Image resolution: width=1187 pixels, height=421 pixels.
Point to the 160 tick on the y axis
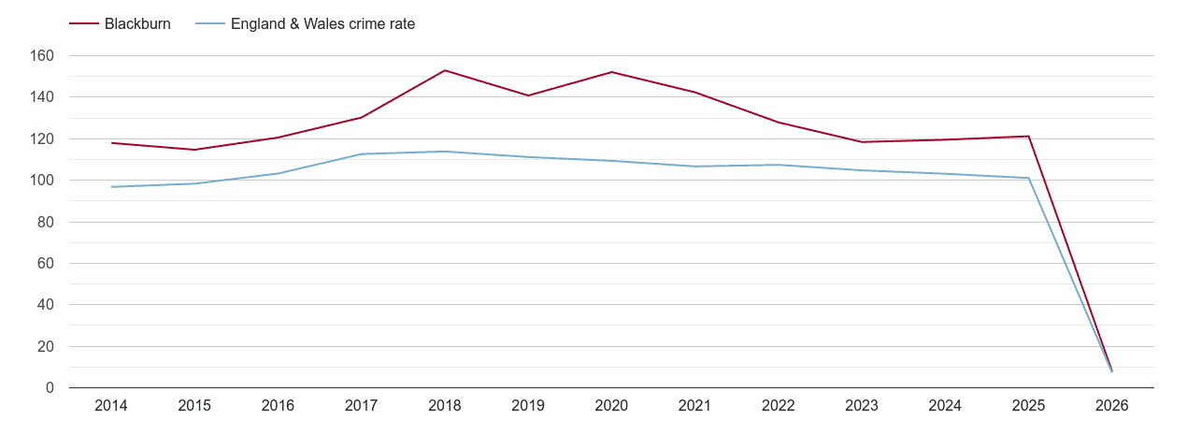click(43, 56)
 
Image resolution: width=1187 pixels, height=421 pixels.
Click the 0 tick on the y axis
click(50, 388)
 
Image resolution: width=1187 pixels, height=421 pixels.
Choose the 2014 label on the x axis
click(111, 406)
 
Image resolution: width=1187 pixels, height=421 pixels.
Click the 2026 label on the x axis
click(1112, 406)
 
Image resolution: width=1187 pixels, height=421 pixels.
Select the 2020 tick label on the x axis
click(611, 406)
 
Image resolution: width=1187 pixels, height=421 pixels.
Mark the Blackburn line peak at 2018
click(445, 70)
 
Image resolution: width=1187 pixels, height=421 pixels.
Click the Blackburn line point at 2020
click(611, 72)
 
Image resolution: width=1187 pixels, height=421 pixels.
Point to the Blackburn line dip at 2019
click(528, 95)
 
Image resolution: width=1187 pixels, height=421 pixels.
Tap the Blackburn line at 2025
click(1028, 137)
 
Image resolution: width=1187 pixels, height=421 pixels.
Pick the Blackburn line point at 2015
click(194, 150)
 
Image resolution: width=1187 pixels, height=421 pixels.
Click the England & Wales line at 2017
click(362, 154)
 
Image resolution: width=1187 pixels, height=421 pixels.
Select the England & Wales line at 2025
click(1028, 178)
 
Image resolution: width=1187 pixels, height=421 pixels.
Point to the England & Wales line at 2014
click(111, 187)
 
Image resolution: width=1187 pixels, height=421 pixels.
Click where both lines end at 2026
click(1111, 371)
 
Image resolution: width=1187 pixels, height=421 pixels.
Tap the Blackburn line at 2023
click(862, 142)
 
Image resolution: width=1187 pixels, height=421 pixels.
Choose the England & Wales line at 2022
click(779, 165)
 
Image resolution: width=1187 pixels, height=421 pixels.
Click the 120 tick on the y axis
click(43, 139)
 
